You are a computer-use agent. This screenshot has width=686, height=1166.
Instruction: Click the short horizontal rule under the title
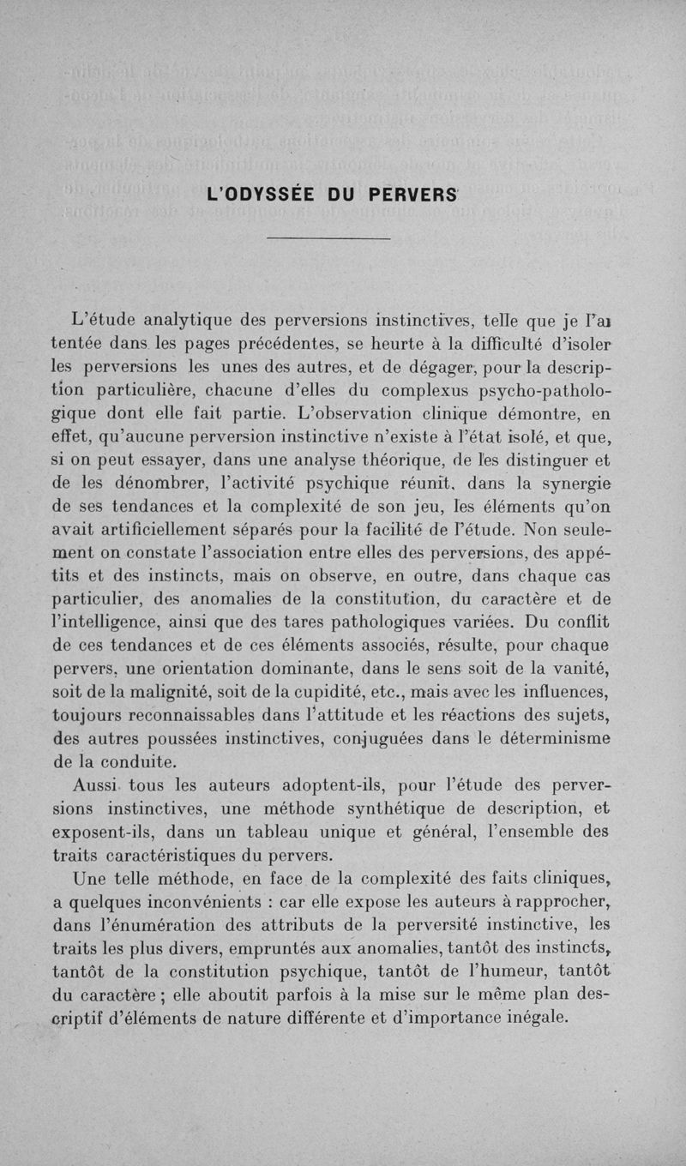pos(328,238)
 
